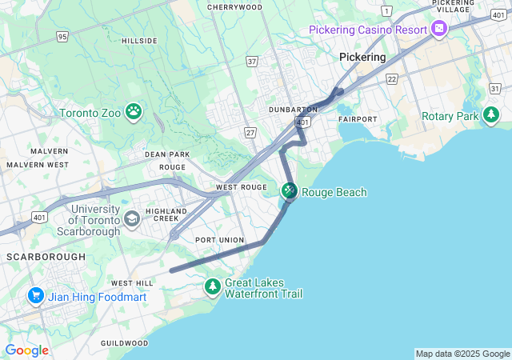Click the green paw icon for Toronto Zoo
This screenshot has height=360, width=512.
pyautogui.click(x=134, y=112)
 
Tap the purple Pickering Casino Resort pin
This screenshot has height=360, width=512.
pyautogui.click(x=438, y=30)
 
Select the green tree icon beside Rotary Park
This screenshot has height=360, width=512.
pyautogui.click(x=491, y=117)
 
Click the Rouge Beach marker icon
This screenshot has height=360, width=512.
pyautogui.click(x=289, y=191)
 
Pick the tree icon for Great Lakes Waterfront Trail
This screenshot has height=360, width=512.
pyautogui.click(x=212, y=286)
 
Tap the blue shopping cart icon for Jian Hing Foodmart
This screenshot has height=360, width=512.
pyautogui.click(x=35, y=296)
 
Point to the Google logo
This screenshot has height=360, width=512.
pyautogui.click(x=26, y=350)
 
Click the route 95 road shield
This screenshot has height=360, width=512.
pyautogui.click(x=62, y=36)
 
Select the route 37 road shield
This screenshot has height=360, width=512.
pyautogui.click(x=252, y=61)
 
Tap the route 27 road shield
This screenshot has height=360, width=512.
pyautogui.click(x=250, y=132)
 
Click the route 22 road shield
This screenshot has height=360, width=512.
pyautogui.click(x=391, y=78)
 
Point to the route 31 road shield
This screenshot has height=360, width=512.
pyautogui.click(x=495, y=87)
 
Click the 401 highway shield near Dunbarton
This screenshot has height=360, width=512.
pyautogui.click(x=302, y=122)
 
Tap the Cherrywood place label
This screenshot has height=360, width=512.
pyautogui.click(x=234, y=7)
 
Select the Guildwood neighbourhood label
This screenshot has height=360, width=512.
pyautogui.click(x=124, y=343)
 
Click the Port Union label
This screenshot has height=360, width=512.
pyautogui.click(x=218, y=240)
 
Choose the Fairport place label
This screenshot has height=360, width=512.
pyautogui.click(x=356, y=118)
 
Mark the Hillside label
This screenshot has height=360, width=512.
pyautogui.click(x=138, y=40)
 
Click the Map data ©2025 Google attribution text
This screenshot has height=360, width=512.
pyautogui.click(x=462, y=354)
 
